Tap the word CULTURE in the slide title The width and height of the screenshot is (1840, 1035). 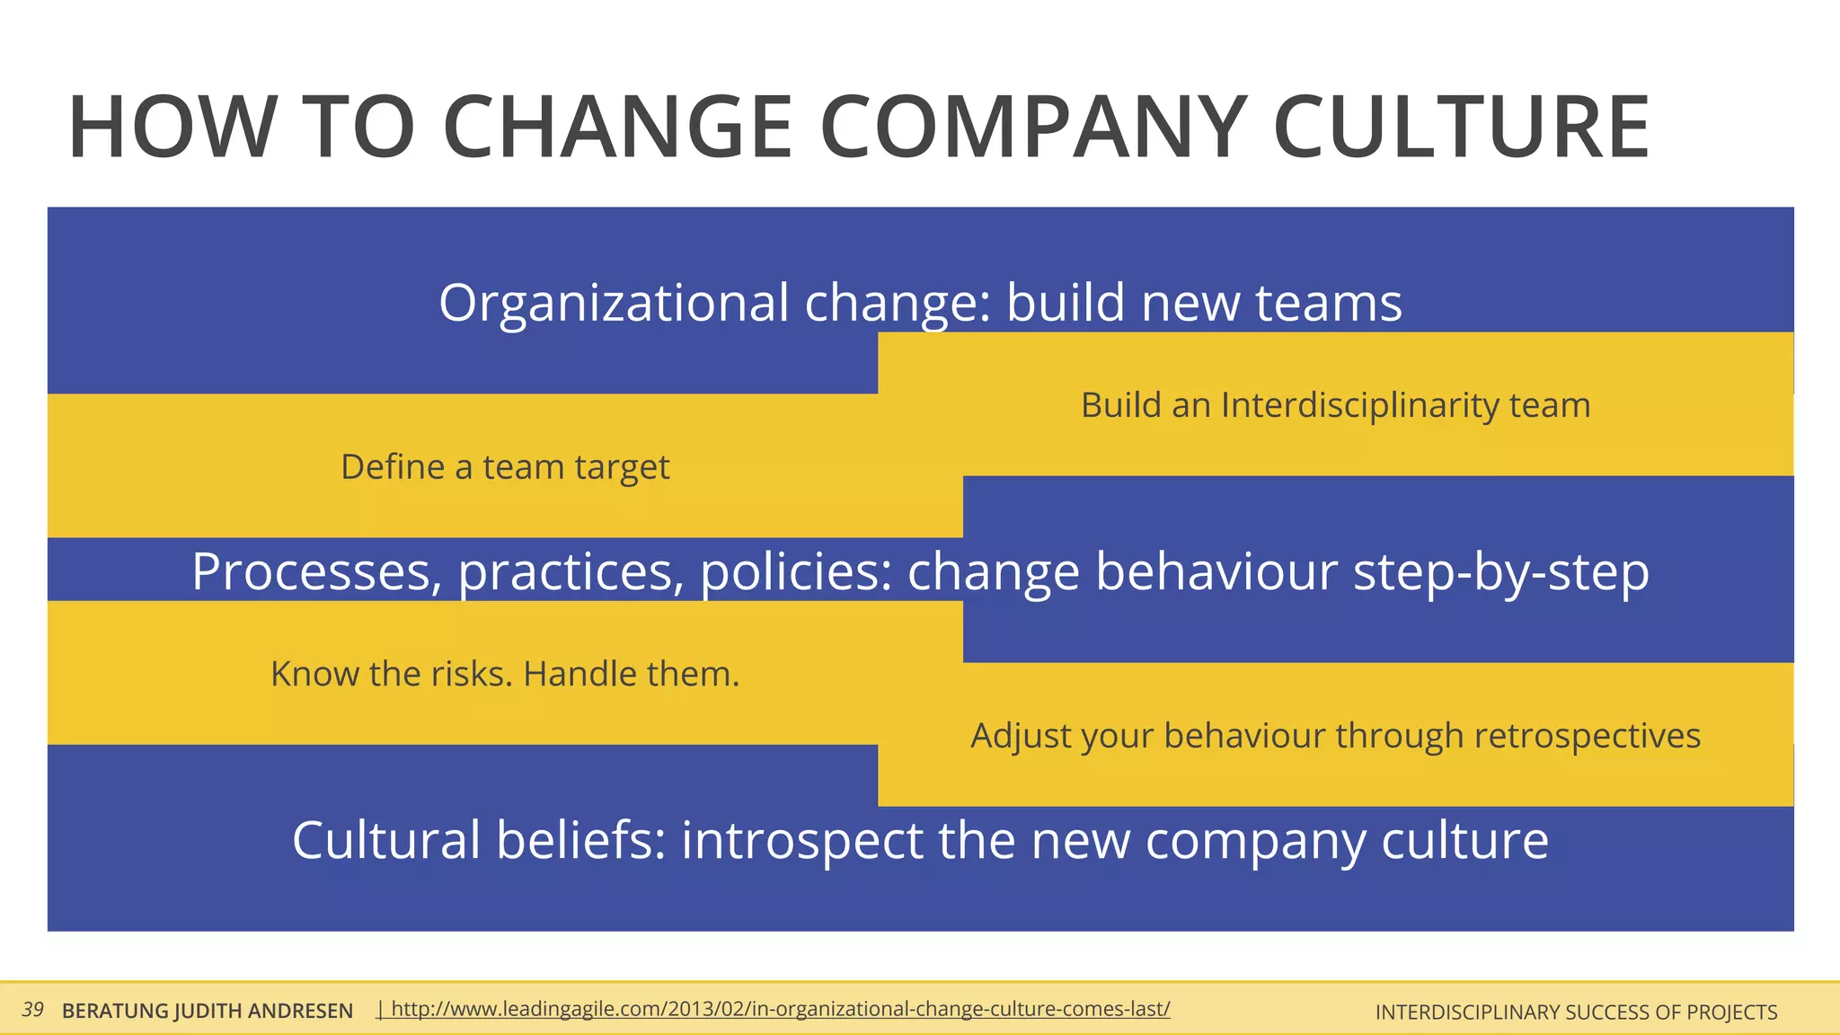click(x=1462, y=128)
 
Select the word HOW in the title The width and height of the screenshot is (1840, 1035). click(x=172, y=128)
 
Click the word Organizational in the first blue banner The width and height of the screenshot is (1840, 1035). click(x=614, y=303)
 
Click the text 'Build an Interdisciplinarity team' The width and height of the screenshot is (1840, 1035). click(x=1335, y=405)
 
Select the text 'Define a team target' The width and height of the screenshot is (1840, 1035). click(x=505, y=467)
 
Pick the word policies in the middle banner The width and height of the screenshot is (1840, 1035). click(x=796, y=572)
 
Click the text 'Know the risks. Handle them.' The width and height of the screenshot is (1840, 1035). click(x=505, y=674)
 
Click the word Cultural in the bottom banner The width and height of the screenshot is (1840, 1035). click(x=386, y=841)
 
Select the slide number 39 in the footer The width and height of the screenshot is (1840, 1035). click(x=33, y=1010)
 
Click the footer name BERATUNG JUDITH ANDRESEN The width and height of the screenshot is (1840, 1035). click(x=208, y=1011)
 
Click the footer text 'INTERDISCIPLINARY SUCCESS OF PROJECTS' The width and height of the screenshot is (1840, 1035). click(x=1576, y=1013)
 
